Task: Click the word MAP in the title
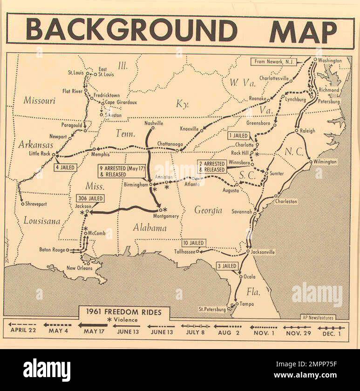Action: click(x=303, y=31)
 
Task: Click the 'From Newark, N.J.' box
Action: click(x=274, y=61)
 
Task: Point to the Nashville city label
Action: click(x=154, y=123)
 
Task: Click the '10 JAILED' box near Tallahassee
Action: click(x=194, y=243)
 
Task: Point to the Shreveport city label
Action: click(x=36, y=204)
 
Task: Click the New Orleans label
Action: click(x=77, y=268)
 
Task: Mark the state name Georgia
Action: click(x=208, y=210)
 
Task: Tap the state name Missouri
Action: click(x=39, y=100)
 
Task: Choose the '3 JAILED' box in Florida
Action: click(x=227, y=266)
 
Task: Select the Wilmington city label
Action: click(x=325, y=162)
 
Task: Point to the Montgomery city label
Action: click(x=165, y=216)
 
